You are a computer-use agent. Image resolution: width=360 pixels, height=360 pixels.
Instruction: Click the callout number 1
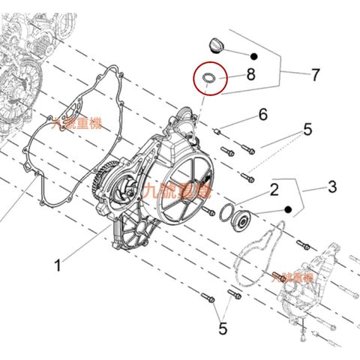58,263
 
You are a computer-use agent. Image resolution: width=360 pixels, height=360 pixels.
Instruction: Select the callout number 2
274,189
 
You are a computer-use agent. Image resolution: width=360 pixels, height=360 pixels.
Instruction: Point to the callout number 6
262,115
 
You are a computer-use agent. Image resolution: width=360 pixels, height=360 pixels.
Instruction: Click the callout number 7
315,74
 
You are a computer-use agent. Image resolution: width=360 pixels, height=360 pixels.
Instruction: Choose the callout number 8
250,74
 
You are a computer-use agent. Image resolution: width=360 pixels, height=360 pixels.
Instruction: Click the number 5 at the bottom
222,328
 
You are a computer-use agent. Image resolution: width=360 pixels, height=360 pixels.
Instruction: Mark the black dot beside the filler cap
255,55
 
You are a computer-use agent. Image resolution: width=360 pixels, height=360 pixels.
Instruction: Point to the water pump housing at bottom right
304,289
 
